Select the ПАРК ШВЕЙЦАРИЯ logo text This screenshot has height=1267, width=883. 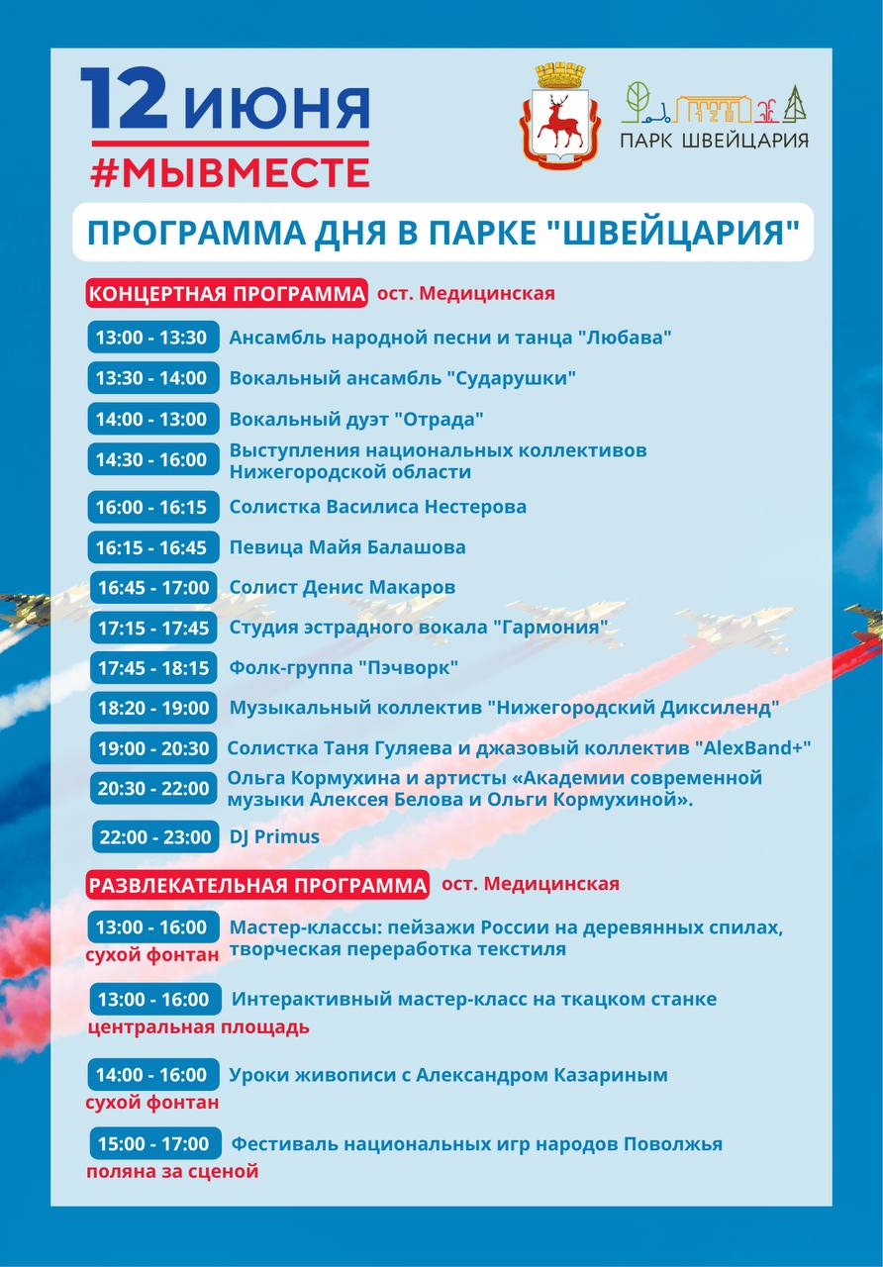(714, 140)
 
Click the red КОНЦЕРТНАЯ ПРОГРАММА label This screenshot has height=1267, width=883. (227, 293)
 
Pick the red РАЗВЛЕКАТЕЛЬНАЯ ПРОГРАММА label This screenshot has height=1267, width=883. (257, 884)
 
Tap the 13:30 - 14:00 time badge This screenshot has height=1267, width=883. (151, 378)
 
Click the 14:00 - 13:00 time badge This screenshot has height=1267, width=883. (151, 419)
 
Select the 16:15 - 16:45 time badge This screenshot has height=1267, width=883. (151, 547)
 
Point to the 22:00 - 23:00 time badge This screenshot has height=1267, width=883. (154, 836)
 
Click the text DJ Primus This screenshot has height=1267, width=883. (274, 836)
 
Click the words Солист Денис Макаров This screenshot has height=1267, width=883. (342, 587)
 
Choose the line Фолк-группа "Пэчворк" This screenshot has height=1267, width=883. (343, 668)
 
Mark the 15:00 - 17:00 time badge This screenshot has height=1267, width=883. (154, 1144)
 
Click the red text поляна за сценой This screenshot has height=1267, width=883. (172, 1171)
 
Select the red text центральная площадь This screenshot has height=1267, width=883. (198, 1026)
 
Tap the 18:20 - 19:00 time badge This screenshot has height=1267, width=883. (153, 708)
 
